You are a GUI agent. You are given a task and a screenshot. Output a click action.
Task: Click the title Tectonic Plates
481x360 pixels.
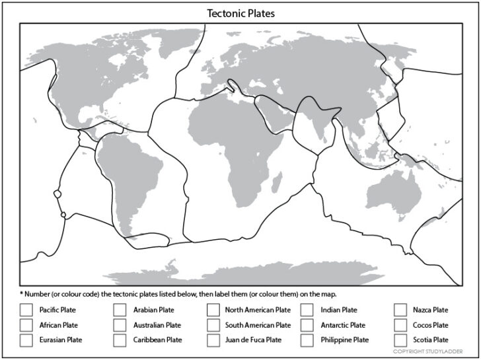coord(240,13)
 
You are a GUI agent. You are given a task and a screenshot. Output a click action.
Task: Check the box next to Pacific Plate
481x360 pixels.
coord(26,309)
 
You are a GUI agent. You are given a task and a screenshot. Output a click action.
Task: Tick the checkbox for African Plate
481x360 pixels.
coord(26,325)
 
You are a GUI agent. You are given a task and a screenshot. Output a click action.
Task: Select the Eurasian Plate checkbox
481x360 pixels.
coord(26,340)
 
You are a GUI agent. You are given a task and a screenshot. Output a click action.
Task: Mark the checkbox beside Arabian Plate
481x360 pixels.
coord(120,309)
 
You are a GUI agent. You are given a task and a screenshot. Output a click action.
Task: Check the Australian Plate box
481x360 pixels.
coord(120,325)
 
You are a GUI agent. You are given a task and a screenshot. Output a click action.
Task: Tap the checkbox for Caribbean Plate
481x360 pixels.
coord(120,340)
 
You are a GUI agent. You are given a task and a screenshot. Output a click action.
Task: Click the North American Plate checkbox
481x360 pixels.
coord(213,309)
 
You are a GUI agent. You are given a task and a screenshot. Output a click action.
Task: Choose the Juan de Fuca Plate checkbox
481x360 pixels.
coord(213,340)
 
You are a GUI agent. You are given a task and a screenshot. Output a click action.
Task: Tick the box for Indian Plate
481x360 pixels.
coord(307,309)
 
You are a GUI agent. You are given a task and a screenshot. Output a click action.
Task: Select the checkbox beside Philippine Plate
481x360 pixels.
coord(307,340)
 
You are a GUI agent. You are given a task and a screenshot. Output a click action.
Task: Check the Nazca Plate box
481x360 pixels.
coord(400,309)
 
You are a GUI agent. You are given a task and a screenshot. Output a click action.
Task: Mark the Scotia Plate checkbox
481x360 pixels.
coord(400,340)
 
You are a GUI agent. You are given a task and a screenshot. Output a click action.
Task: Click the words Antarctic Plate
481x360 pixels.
coord(342,325)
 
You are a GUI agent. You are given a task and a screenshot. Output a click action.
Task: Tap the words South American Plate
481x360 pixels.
coord(258,325)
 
